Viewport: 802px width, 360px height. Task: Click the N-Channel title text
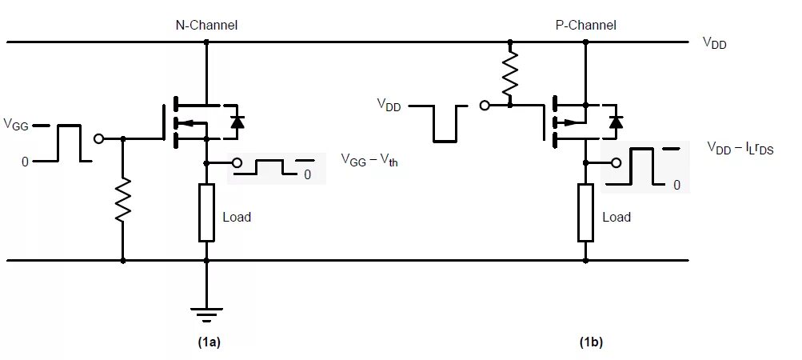[206, 25]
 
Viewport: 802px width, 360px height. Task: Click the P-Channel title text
[585, 25]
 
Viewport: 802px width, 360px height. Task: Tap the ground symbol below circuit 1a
[206, 314]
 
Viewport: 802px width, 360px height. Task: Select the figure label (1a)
[209, 342]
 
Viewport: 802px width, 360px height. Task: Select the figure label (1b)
[591, 342]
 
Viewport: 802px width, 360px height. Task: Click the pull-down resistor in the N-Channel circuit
[123, 200]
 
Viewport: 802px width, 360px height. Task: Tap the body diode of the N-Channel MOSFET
[237, 122]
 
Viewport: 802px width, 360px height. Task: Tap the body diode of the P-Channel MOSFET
[616, 122]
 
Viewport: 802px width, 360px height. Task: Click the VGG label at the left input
[16, 125]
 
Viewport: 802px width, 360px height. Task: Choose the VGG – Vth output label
[369, 160]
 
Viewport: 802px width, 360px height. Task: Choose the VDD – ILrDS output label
[740, 149]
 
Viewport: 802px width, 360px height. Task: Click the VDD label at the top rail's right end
[715, 43]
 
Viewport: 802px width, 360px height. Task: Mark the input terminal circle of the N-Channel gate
[99, 138]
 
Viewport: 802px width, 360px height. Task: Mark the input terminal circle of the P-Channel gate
[485, 106]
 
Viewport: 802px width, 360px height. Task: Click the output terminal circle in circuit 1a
[237, 163]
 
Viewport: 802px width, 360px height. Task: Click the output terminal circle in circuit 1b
[616, 163]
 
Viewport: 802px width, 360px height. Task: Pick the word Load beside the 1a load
[237, 217]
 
